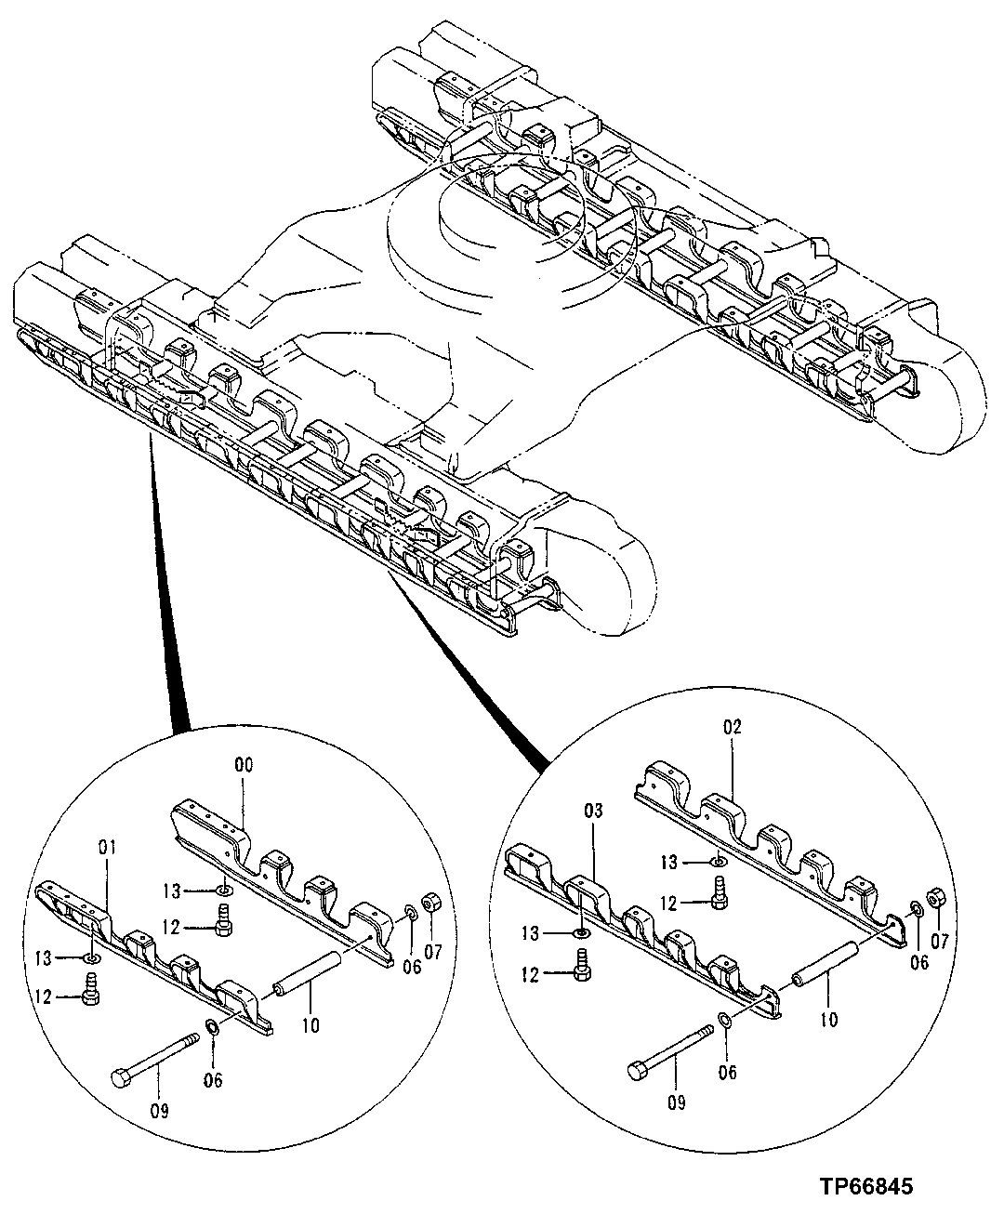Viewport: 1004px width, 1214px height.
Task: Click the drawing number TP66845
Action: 866,1187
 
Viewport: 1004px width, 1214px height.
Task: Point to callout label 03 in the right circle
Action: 594,812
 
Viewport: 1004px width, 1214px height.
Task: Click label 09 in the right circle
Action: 676,1102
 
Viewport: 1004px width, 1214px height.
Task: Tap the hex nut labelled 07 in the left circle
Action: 430,904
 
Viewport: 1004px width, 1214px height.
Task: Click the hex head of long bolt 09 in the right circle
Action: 638,1071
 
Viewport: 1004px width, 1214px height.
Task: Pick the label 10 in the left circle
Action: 310,1025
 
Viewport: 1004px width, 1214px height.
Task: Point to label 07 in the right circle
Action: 939,941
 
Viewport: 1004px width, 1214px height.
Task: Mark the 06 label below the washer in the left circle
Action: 213,1080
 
